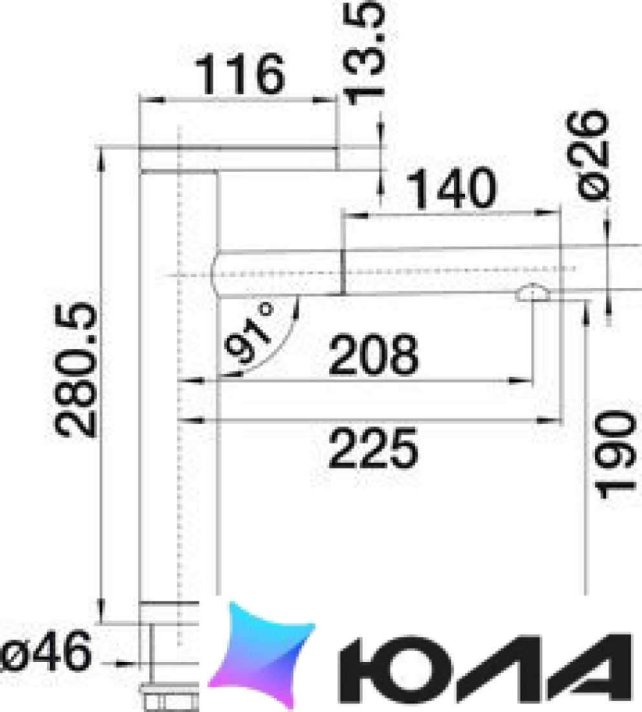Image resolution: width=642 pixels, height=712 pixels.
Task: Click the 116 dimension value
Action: tap(240, 74)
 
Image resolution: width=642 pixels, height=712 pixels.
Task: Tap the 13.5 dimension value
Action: tap(363, 52)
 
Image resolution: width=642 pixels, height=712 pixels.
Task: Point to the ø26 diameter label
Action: tap(587, 155)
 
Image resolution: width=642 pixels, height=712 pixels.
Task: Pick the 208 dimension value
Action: tap(373, 355)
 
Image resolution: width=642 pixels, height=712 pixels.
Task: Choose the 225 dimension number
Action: tap(373, 449)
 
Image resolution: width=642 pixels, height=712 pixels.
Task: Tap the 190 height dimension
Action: tap(615, 455)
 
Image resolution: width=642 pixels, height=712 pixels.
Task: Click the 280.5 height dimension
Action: tap(76, 370)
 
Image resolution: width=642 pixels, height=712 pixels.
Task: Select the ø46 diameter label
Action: tap(45, 652)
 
